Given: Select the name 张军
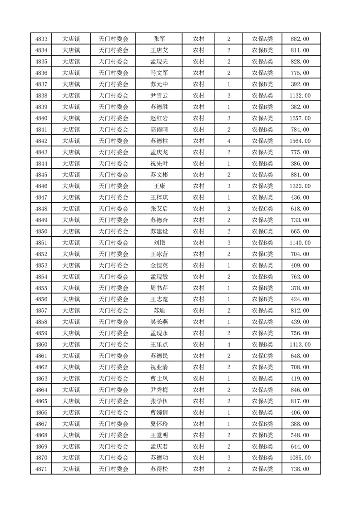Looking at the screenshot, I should tap(159, 39).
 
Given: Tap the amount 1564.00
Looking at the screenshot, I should tap(300, 141).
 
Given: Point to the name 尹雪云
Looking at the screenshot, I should tap(159, 96).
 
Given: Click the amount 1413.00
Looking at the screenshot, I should tap(300, 345).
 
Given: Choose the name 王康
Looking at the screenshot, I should tap(159, 186).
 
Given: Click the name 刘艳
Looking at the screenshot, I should tap(159, 243).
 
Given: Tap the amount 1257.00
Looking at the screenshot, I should tap(300, 118).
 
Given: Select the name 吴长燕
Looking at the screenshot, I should tap(159, 322).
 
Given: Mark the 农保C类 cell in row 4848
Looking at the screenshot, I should tap(262, 209).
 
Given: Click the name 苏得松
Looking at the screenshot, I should tap(159, 469).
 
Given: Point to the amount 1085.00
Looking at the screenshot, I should tap(300, 458).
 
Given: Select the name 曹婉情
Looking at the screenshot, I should tap(159, 412).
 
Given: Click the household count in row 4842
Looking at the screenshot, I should tap(228, 141).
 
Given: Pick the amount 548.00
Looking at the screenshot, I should tap(300, 435).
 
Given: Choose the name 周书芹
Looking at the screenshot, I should tap(159, 288).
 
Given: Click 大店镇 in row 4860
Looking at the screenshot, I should tap(71, 345).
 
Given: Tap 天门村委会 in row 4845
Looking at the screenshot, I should tap(113, 175).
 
